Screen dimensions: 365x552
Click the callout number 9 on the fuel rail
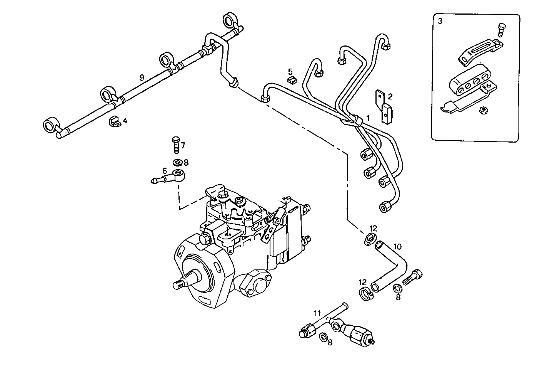pos(142,77)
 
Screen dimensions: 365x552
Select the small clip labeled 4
pos(114,121)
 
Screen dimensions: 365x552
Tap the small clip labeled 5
pos(292,80)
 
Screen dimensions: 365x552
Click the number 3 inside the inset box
pos(440,22)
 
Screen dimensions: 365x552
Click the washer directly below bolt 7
pos(178,162)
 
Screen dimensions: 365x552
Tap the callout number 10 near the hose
pos(397,246)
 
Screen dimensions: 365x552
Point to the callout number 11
pos(317,313)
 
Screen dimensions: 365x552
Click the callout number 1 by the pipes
pos(368,118)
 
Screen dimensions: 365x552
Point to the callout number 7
pos(183,145)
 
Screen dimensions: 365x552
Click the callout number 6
pos(164,170)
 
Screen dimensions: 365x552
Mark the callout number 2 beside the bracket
pos(390,96)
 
